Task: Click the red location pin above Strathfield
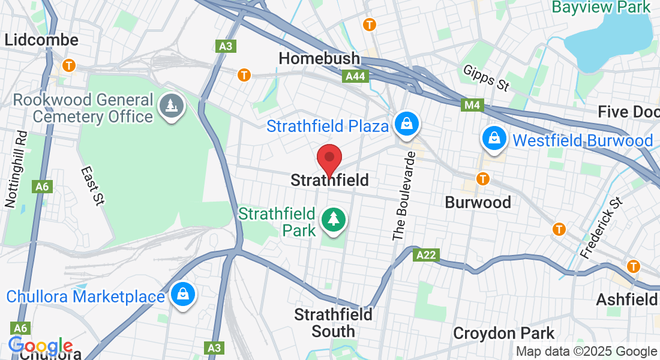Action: (329, 160)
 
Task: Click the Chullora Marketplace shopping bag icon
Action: (181, 295)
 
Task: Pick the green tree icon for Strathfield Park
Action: (333, 219)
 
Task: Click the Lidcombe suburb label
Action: (41, 40)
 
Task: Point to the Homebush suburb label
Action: (319, 59)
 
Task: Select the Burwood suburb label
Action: (478, 202)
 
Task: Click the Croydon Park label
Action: (503, 333)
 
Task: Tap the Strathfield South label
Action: (333, 323)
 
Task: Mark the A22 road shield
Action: (427, 256)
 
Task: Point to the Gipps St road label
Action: (486, 79)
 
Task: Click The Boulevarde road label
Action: (404, 196)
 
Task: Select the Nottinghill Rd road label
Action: (16, 170)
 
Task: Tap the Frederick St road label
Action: (602, 226)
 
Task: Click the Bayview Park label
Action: (601, 7)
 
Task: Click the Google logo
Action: (40, 346)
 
